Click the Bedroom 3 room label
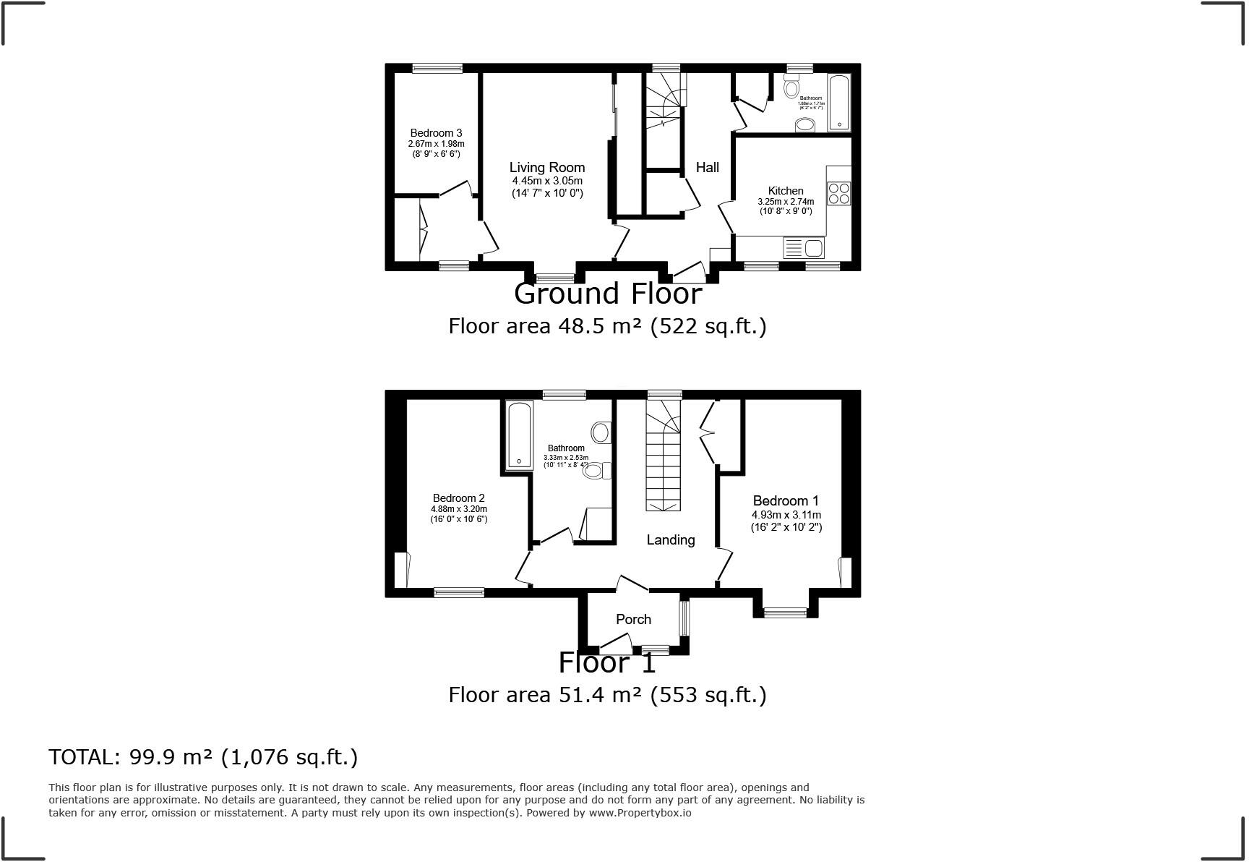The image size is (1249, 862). pos(436,133)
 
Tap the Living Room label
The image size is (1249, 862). pos(546,168)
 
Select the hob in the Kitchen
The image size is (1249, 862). pos(839,193)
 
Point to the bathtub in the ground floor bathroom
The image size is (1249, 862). pos(839,103)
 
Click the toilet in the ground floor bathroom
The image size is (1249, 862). pos(791,88)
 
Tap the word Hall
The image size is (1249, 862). pos(707,168)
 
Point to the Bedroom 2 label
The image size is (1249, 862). pos(458,498)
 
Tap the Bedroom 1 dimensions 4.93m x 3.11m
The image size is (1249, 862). pos(786,515)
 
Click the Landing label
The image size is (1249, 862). pos(670,540)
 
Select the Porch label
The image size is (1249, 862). pos(633,620)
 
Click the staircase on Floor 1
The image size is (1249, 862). pos(663,463)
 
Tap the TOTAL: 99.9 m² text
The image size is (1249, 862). pos(202,757)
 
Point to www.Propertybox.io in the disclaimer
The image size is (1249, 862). pos(640,813)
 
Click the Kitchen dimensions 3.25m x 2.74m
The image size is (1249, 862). pos(785,202)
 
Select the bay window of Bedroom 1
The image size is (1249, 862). pos(786,613)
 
